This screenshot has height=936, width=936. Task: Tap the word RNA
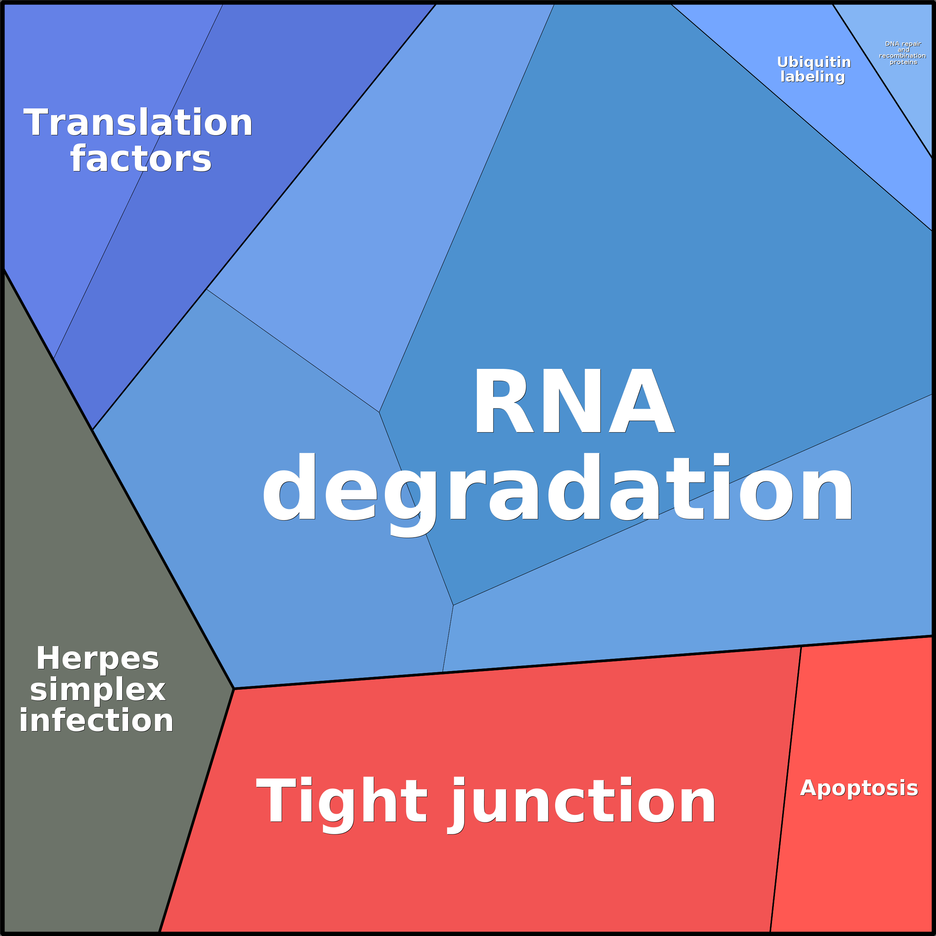pos(574,402)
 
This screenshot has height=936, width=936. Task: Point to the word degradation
pos(557,489)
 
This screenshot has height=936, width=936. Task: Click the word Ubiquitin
pos(813,62)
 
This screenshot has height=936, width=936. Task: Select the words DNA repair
pos(903,44)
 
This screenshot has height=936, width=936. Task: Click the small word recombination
pos(902,56)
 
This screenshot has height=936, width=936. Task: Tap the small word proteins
pos(903,62)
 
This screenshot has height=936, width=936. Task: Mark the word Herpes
pos(97,658)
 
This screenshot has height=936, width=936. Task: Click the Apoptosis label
pos(859,788)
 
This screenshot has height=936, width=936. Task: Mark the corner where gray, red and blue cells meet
pos(234,689)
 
